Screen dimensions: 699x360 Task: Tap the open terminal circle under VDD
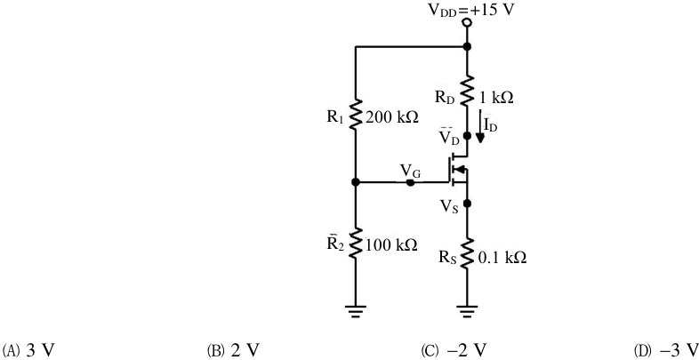(x=467, y=22)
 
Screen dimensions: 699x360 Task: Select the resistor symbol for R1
(x=356, y=115)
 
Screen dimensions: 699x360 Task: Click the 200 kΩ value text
(x=391, y=117)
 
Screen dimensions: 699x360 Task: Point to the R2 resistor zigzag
(x=356, y=243)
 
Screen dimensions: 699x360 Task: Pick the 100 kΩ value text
(x=391, y=244)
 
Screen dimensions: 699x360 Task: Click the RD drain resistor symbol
(x=467, y=91)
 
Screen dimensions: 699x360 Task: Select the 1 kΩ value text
(x=496, y=98)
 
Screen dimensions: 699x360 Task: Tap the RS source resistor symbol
(x=467, y=253)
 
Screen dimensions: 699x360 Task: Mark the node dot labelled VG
(x=411, y=182)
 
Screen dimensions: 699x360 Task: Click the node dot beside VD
(x=467, y=135)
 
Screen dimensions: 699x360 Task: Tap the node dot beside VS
(x=467, y=204)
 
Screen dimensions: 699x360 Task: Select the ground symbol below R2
(x=356, y=310)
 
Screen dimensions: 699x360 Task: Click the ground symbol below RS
(x=467, y=310)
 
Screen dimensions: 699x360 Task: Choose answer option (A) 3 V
(x=29, y=349)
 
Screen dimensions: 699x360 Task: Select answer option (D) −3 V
(x=666, y=349)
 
